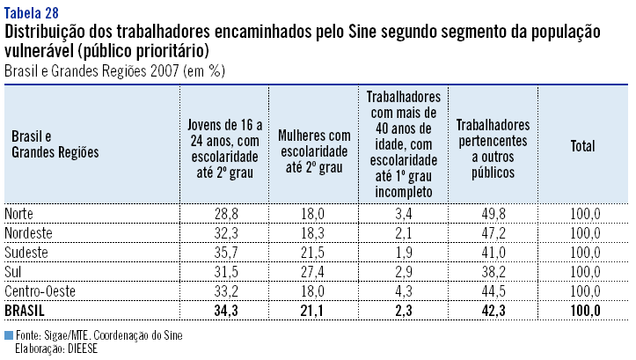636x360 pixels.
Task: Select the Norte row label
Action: tap(21, 214)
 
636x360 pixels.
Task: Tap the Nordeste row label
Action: tap(28, 233)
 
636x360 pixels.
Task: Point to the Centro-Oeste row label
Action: tap(40, 291)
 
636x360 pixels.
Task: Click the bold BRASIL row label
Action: tap(25, 311)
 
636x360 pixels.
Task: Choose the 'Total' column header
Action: tap(582, 146)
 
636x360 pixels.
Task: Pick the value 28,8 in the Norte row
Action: tap(226, 214)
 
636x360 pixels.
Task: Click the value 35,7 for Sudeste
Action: tap(226, 253)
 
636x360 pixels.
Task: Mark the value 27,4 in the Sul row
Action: tap(315, 272)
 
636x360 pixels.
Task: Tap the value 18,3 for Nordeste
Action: tap(315, 233)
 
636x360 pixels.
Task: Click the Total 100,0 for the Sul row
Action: tap(584, 272)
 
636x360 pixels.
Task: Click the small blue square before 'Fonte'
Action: tap(9, 335)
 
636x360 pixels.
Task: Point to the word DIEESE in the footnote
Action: tap(79, 349)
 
